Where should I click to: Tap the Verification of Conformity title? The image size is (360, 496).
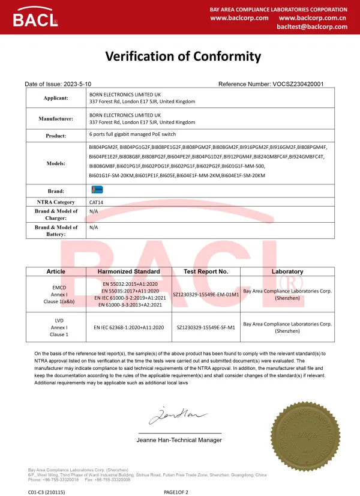[x=183, y=56]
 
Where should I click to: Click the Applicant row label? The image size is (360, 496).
[x=56, y=98]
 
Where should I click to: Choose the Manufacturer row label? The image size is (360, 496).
[x=56, y=119]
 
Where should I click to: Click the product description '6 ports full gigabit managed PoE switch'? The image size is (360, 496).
[x=133, y=134]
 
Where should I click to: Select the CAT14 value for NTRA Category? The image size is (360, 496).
[x=96, y=202]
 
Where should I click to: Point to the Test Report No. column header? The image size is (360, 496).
[x=206, y=271]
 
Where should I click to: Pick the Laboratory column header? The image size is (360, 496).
[x=287, y=271]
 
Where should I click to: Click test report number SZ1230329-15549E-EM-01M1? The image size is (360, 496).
[x=206, y=295]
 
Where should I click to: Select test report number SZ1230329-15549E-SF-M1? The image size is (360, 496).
[x=206, y=328]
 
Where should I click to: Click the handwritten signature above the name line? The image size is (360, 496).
[x=170, y=415]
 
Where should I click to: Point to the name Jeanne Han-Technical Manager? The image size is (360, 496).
[x=179, y=440]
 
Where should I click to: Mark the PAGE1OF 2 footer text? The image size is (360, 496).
[x=176, y=492]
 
